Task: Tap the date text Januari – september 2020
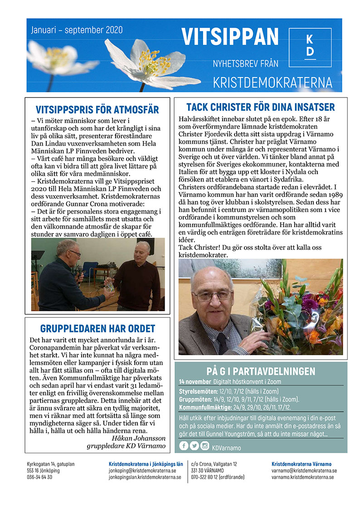point(77,30)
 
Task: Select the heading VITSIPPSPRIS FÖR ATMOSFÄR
point(97,110)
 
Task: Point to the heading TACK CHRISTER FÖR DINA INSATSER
point(260,107)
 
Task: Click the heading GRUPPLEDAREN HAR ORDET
point(97,328)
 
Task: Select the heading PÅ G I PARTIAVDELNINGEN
point(260,372)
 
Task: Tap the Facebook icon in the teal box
point(184,446)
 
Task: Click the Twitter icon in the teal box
point(195,446)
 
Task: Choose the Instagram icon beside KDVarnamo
point(205,446)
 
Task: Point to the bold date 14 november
point(195,382)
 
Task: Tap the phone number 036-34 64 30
point(39,477)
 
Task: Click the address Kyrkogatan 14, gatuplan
point(50,464)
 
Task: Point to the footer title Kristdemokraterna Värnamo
point(301,464)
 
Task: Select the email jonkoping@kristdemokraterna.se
point(142,470)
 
